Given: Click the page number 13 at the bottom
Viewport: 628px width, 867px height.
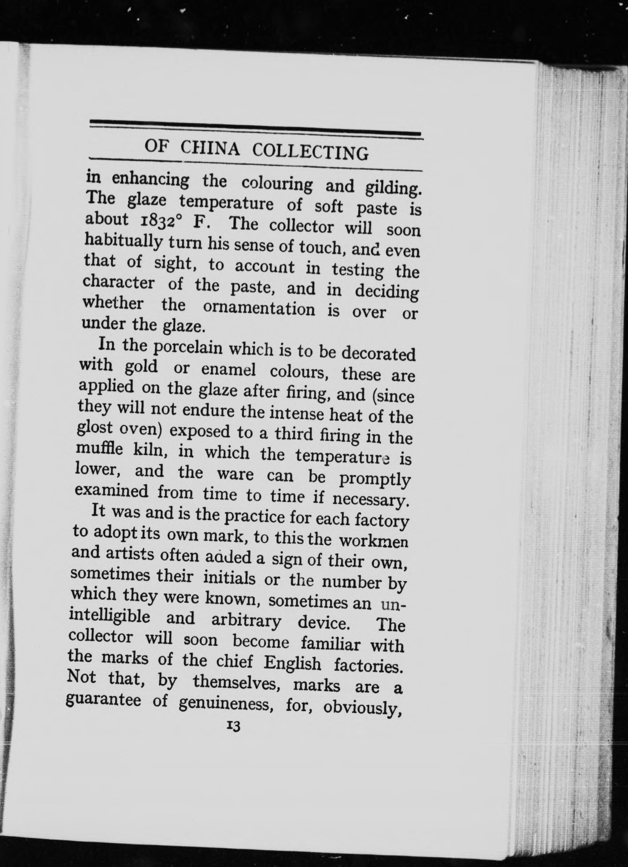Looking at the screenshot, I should point(233,726).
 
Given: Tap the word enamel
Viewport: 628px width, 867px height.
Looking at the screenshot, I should point(228,369).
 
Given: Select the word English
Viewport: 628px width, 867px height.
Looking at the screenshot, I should point(292,663).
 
